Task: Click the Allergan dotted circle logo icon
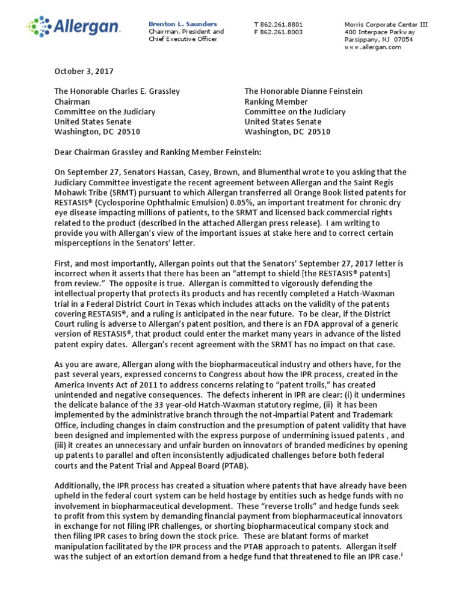point(39,26)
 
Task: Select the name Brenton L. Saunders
point(183,23)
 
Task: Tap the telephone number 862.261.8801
point(282,24)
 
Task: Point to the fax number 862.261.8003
point(282,32)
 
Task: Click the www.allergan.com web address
point(373,47)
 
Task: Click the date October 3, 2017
point(84,71)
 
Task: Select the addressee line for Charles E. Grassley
point(117,91)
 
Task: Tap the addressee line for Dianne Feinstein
point(303,91)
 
